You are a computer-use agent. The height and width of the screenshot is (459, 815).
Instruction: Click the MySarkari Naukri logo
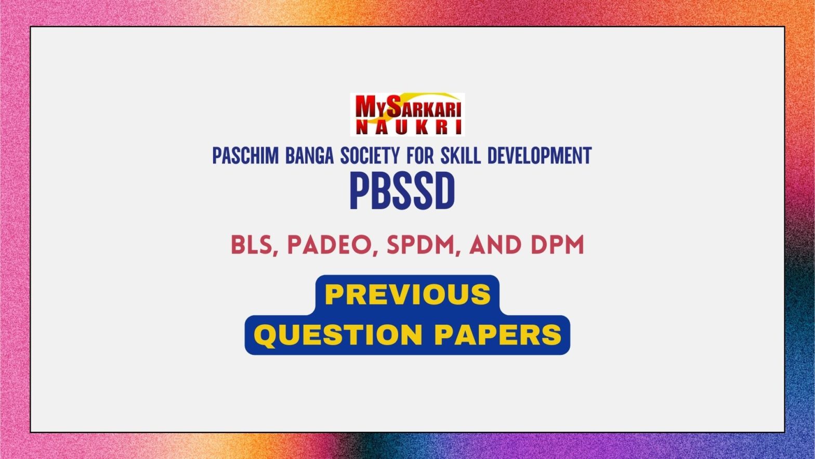[x=407, y=114]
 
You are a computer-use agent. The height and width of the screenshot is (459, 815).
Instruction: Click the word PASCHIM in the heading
[x=245, y=156]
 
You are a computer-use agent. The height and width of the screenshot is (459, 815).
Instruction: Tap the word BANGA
[x=309, y=156]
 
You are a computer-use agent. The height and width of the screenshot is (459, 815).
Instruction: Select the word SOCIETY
[x=370, y=156]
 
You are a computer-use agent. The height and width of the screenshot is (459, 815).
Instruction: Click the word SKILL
[x=461, y=156]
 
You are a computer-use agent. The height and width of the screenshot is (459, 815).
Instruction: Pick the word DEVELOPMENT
[x=540, y=156]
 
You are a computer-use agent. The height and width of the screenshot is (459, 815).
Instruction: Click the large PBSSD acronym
[x=402, y=191]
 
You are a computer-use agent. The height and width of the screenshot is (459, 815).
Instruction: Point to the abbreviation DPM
[x=557, y=245]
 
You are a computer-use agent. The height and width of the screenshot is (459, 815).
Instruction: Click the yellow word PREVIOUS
[x=408, y=295]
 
